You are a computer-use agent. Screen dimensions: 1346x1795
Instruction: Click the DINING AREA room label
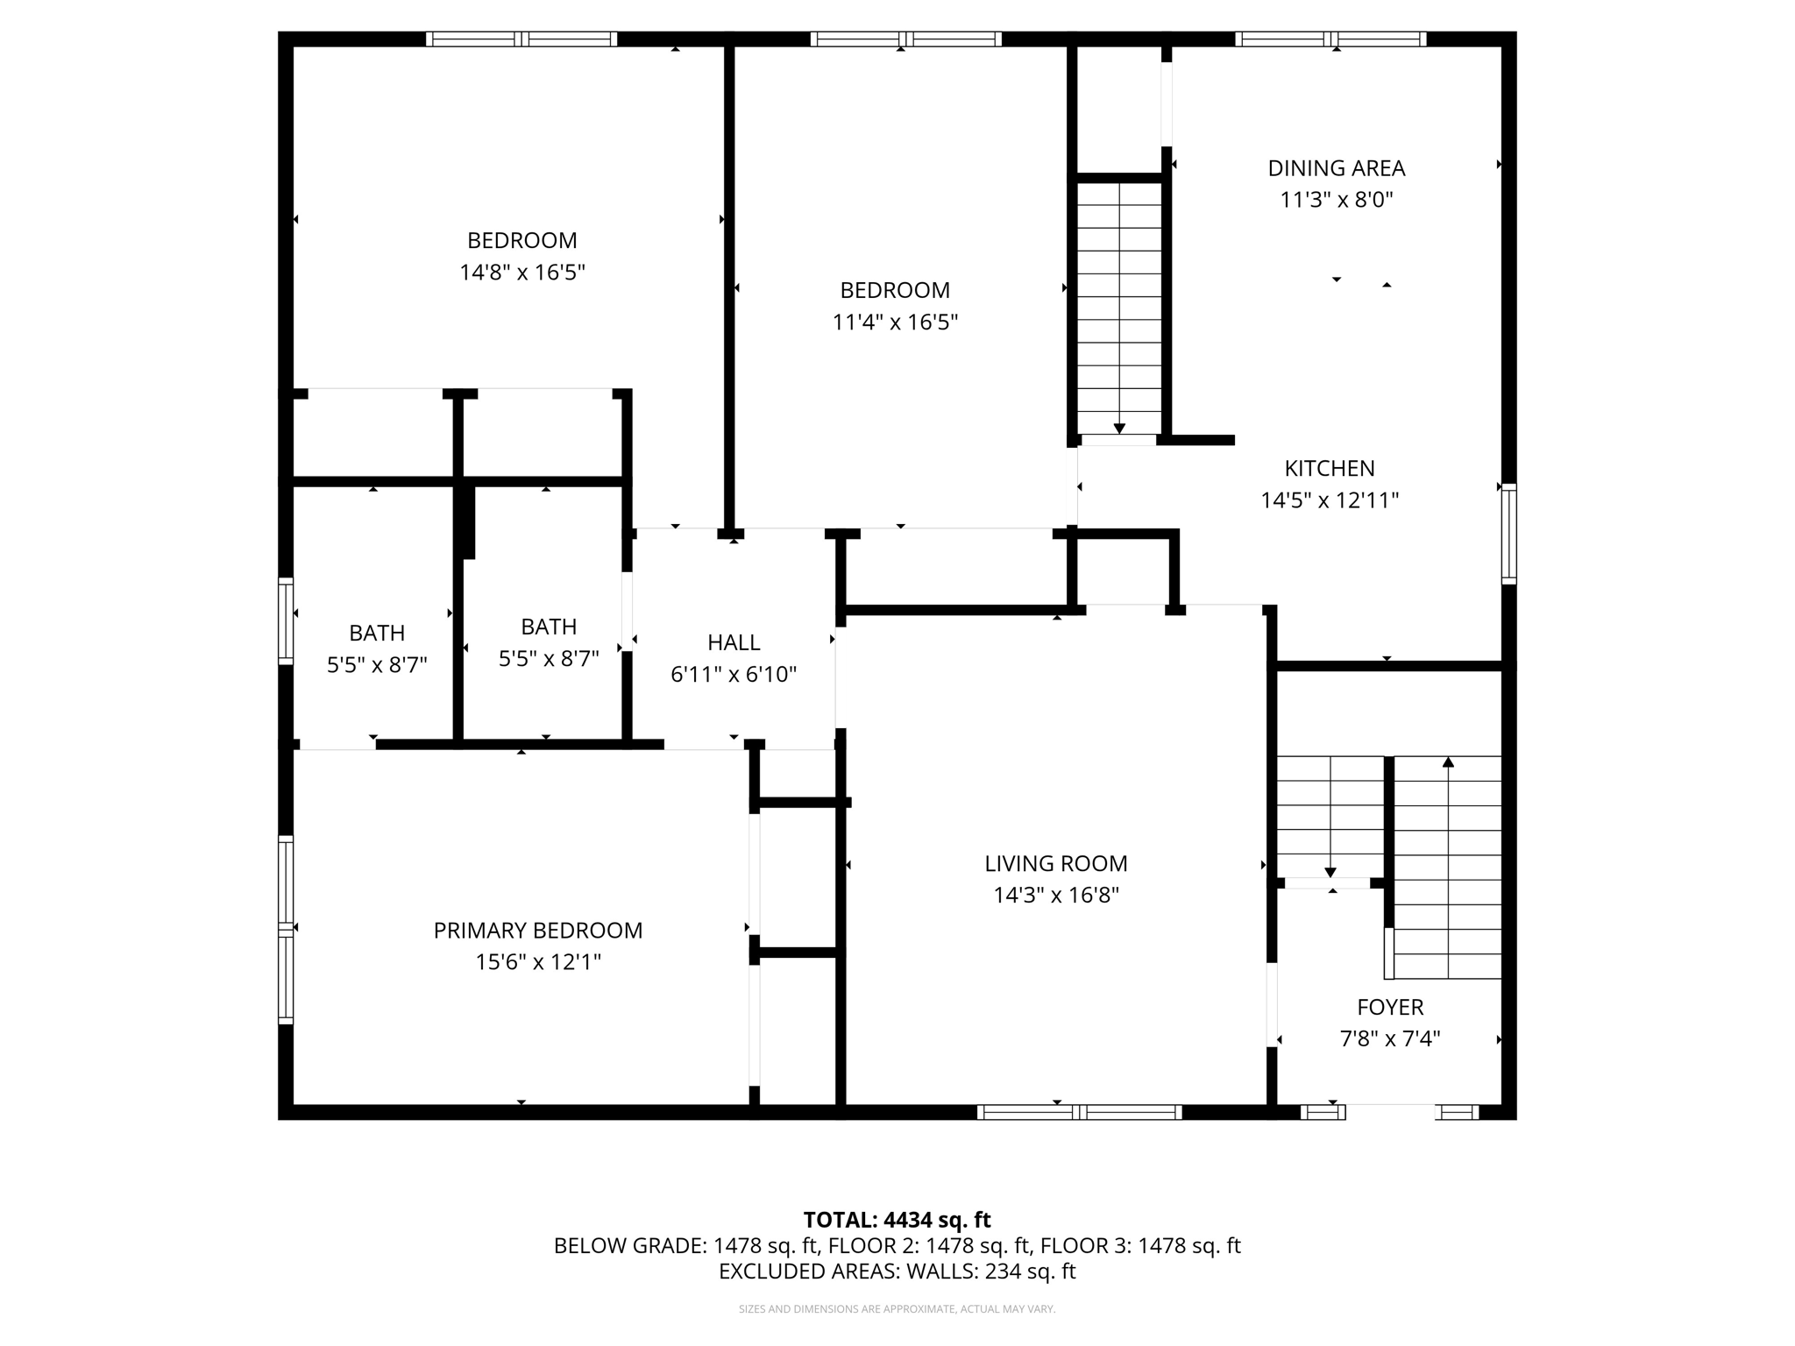click(1336, 168)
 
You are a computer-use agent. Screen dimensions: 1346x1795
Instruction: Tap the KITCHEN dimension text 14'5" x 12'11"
click(1329, 500)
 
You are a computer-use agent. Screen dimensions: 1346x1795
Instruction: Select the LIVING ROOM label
click(1055, 863)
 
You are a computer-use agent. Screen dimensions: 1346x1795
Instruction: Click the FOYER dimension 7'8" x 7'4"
click(1389, 1039)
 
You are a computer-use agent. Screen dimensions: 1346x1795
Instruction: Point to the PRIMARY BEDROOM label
click(537, 931)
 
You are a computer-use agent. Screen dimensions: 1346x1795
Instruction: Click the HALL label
click(733, 642)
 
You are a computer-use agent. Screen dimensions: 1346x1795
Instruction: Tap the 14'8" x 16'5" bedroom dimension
click(521, 273)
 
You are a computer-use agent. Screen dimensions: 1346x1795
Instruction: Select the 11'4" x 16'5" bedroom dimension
click(894, 322)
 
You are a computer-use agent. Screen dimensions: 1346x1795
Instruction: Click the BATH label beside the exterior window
click(377, 633)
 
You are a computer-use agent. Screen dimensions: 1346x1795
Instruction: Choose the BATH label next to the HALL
click(549, 627)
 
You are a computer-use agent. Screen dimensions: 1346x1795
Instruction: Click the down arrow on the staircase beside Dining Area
click(1119, 428)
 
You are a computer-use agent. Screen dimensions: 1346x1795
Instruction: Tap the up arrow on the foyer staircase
click(1448, 762)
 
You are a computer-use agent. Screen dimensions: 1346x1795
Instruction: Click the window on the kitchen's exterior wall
click(1508, 533)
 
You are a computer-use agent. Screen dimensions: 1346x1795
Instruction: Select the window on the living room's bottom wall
click(1079, 1112)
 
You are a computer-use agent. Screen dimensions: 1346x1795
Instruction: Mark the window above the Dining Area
click(1330, 39)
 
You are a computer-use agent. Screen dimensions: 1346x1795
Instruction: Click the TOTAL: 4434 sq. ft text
click(897, 1220)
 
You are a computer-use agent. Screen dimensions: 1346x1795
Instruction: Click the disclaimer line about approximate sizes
click(897, 1309)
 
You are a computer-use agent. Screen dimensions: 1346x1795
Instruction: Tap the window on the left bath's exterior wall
click(286, 620)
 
